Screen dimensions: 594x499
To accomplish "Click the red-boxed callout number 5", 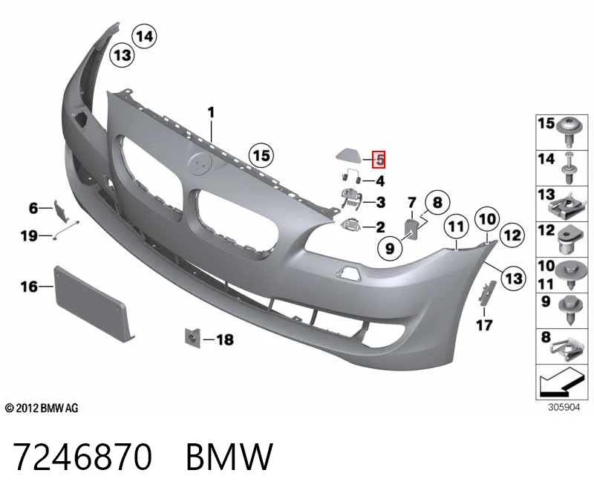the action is click(379, 159).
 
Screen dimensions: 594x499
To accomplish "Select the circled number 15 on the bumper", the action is click(261, 155).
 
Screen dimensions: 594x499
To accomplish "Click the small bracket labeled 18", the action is click(192, 337).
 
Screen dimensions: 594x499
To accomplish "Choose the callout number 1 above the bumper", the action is click(212, 113).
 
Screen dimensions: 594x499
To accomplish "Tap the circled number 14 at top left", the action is click(144, 36).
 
